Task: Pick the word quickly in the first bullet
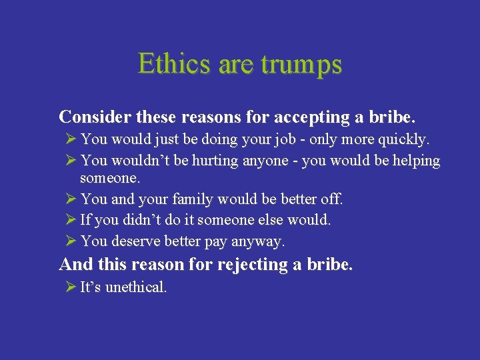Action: click(x=406, y=140)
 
